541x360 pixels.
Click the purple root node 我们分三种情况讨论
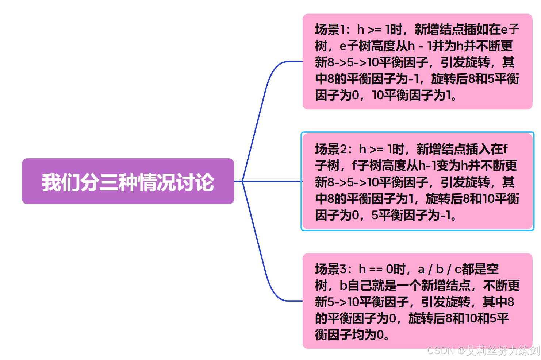[x=128, y=181]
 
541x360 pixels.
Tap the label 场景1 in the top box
[x=327, y=30]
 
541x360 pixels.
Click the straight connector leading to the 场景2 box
[x=272, y=181]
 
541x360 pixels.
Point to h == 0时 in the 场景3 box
[x=382, y=269]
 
